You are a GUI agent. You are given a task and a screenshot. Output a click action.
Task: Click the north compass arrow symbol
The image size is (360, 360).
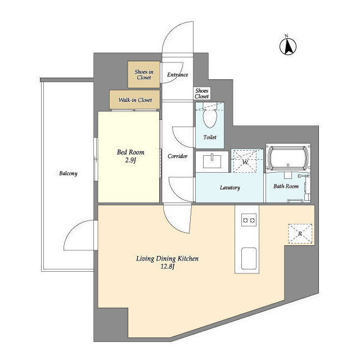click(x=288, y=46)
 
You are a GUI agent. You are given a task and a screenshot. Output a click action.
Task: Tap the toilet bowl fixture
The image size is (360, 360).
click(x=210, y=117)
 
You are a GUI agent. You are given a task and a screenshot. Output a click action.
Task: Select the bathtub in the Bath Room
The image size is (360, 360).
click(x=288, y=159)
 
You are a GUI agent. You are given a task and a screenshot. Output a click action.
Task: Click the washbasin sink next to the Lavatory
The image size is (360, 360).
click(x=212, y=161)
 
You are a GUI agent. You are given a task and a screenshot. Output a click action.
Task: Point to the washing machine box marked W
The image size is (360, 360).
click(x=245, y=161)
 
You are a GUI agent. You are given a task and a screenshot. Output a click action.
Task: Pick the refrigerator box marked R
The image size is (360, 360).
click(x=300, y=234)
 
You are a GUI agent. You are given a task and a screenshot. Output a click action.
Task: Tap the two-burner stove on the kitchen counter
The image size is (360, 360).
click(x=249, y=220)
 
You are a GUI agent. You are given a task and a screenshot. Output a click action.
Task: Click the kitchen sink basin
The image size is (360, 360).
click(x=249, y=258)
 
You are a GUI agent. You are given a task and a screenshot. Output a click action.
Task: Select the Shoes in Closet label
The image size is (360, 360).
click(x=144, y=75)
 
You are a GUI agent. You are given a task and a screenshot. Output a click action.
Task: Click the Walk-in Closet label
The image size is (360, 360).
click(x=135, y=100)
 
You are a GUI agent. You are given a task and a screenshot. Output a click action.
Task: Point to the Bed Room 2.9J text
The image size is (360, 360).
click(x=130, y=156)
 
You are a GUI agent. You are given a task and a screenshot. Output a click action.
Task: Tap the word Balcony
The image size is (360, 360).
click(x=68, y=173)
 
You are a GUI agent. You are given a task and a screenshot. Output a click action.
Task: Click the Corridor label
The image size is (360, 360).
click(x=178, y=156)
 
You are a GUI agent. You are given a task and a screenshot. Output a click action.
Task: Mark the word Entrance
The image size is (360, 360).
click(x=178, y=75)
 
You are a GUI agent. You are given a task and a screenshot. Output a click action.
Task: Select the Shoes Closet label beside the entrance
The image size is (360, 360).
click(x=202, y=93)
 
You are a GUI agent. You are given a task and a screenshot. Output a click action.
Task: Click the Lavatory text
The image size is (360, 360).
click(x=230, y=187)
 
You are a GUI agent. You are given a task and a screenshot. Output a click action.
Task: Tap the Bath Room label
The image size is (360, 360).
click(x=286, y=186)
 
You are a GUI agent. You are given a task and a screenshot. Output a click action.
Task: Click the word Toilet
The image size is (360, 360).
click(x=210, y=137)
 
